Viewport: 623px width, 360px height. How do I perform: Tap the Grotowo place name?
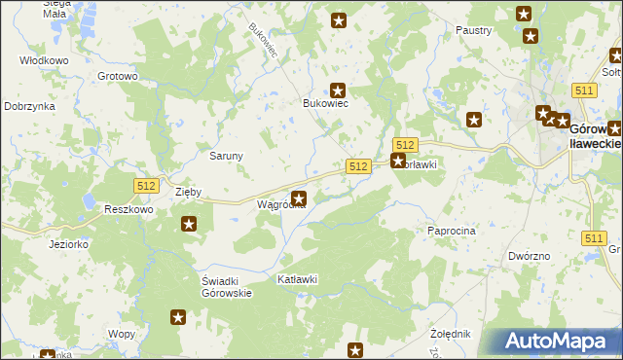pos(117,75)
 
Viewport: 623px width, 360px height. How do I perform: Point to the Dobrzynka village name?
pos(29,106)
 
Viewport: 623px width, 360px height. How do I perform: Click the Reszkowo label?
pos(128,209)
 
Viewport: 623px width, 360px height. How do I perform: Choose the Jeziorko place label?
pos(69,244)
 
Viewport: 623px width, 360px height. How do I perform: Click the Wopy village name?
pos(122,334)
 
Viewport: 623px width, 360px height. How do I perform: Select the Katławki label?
pos(298,279)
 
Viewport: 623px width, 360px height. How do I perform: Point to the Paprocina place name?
pos(451,231)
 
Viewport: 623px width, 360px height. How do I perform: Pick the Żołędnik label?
pos(450,334)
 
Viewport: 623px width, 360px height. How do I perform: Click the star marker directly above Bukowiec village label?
pos(338,90)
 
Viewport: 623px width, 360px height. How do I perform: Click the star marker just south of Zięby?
pos(189,225)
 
